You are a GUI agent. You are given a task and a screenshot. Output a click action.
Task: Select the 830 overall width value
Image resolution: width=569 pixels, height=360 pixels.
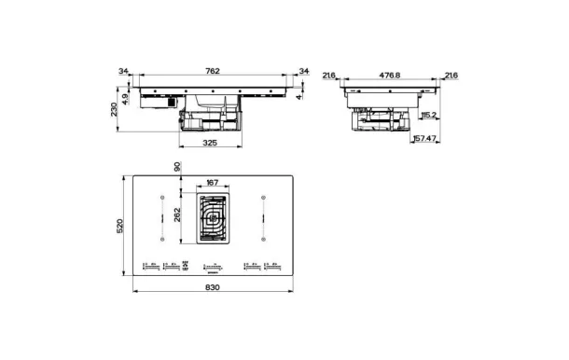pyautogui.click(x=212, y=286)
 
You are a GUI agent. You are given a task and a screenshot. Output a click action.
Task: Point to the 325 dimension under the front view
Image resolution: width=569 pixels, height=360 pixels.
pyautogui.click(x=211, y=143)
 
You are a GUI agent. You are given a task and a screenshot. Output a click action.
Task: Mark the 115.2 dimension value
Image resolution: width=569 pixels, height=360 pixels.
pyautogui.click(x=429, y=115)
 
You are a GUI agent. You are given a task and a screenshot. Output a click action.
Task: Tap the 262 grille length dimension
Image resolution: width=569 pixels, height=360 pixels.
pyautogui.click(x=177, y=215)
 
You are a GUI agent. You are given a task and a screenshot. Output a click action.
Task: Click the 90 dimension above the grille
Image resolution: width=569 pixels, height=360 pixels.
pyautogui.click(x=177, y=166)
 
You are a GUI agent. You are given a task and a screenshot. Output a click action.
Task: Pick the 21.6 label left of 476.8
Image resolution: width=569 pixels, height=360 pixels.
pyautogui.click(x=328, y=75)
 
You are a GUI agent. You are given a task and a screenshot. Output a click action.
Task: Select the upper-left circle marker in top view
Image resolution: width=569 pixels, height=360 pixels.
pyautogui.click(x=161, y=198)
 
